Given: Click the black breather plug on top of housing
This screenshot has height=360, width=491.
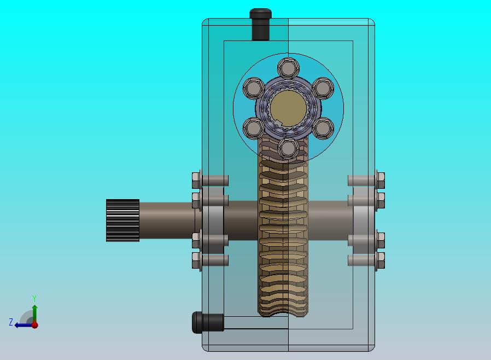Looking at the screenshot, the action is [260, 24].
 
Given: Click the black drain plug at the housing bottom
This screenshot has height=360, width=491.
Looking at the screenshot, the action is [208, 322].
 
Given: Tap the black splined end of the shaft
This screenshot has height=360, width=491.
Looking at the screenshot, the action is [122, 220].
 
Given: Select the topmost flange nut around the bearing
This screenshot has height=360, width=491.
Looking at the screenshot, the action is [288, 68].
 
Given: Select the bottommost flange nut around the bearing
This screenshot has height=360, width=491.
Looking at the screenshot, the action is [288, 148].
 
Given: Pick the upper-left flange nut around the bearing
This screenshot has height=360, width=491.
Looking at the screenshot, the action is [254, 88].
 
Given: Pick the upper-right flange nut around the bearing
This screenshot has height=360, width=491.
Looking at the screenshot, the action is [323, 88].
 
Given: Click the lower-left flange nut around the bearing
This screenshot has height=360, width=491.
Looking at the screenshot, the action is [254, 128].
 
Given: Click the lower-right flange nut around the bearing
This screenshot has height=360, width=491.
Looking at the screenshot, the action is [323, 128].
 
